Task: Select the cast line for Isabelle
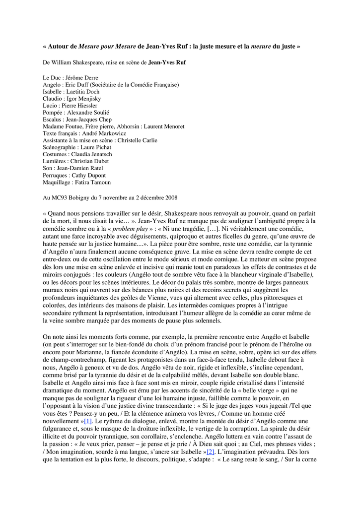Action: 71,92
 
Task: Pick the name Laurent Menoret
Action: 164,127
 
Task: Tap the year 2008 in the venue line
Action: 170,197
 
